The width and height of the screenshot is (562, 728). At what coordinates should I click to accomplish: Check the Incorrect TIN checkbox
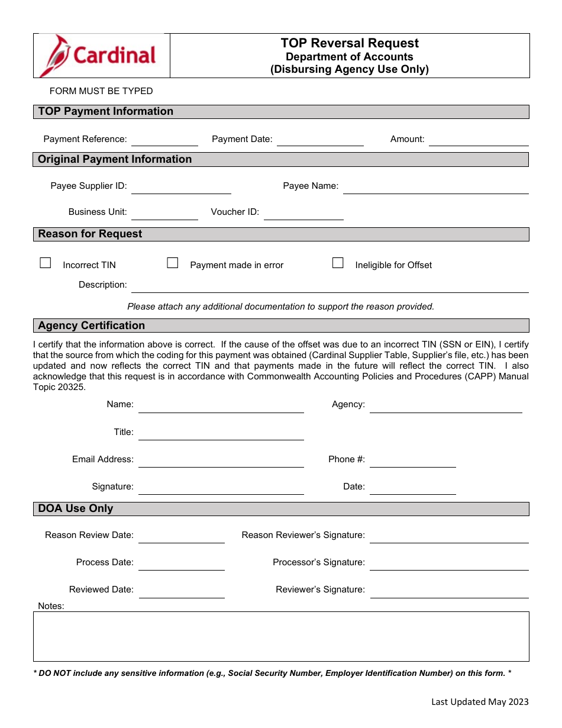pyautogui.click(x=46, y=263)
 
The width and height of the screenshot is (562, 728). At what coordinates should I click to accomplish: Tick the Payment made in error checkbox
pyautogui.click(x=173, y=263)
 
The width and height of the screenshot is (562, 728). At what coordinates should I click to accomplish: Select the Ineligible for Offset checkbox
pyautogui.click(x=338, y=263)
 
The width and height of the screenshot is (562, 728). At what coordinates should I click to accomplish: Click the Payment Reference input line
pyautogui.click(x=164, y=140)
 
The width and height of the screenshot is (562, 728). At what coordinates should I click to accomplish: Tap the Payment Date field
pyautogui.click(x=320, y=140)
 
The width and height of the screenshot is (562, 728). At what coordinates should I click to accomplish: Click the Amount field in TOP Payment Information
pyautogui.click(x=478, y=140)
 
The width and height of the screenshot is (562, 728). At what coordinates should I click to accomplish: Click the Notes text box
pyautogui.click(x=281, y=636)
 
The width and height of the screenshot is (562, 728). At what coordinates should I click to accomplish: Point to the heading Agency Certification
pyautogui.click(x=92, y=326)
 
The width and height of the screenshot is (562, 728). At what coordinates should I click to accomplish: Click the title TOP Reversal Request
pyautogui.click(x=350, y=43)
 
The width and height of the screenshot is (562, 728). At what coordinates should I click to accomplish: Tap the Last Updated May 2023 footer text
pyautogui.click(x=480, y=702)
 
